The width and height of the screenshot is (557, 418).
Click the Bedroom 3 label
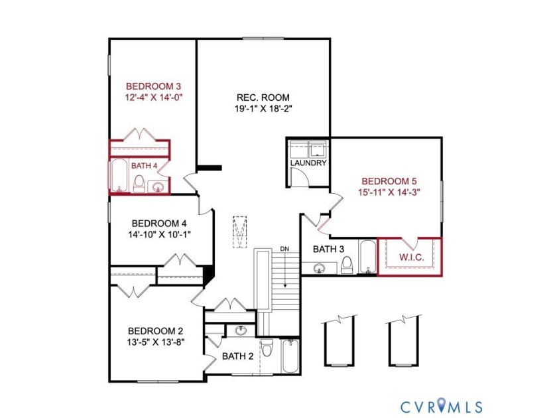(x=153, y=86)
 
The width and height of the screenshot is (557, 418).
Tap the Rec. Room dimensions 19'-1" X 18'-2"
(x=263, y=109)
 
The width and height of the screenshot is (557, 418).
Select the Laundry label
(x=308, y=163)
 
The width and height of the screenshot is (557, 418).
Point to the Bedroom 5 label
(x=389, y=181)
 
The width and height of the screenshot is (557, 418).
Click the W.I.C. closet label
(x=412, y=257)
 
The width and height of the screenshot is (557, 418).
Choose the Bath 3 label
(x=329, y=249)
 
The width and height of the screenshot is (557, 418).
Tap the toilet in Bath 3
(x=346, y=265)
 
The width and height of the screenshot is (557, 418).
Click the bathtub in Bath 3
(x=367, y=257)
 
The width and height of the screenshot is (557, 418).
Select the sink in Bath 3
(x=319, y=268)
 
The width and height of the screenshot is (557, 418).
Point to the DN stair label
(x=284, y=249)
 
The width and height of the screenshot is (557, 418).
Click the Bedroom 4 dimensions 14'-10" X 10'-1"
(x=160, y=235)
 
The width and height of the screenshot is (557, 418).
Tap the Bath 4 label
(x=145, y=166)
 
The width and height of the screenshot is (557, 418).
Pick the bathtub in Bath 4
(x=120, y=176)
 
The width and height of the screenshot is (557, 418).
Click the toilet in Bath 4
(x=139, y=184)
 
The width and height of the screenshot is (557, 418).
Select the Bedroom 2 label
(x=156, y=331)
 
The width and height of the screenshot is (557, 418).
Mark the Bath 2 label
(x=237, y=356)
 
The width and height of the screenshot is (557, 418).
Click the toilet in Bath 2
(x=267, y=348)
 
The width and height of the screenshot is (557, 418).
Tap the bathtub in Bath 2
(x=290, y=356)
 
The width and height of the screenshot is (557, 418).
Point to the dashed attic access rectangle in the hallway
(x=240, y=232)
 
